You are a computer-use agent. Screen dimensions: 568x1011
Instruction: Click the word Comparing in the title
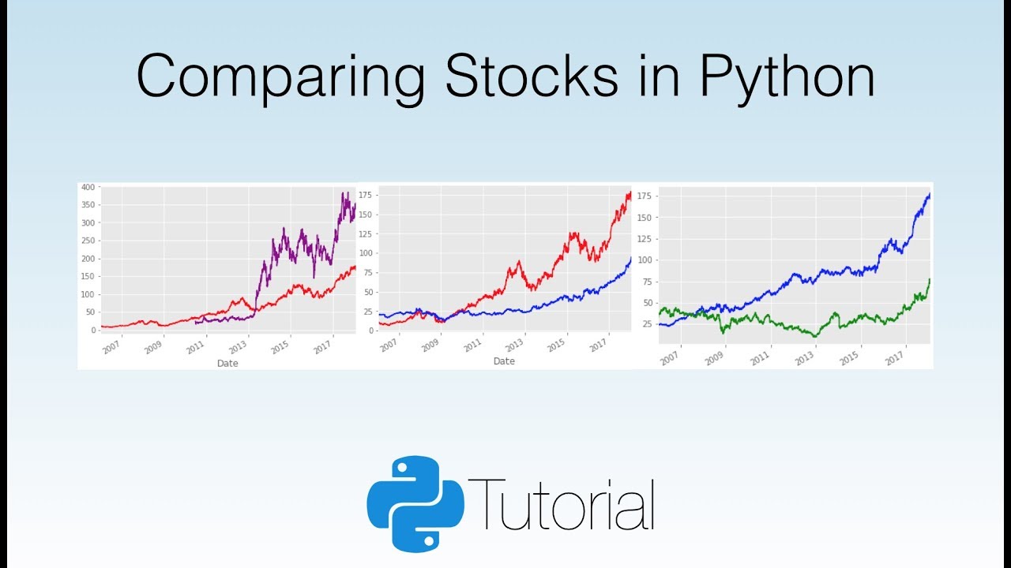(281, 77)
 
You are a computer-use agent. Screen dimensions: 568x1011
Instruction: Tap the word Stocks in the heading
(531, 77)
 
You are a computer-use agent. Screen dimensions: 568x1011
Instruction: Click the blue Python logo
(415, 503)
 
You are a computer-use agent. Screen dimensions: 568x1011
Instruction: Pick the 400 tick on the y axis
(88, 187)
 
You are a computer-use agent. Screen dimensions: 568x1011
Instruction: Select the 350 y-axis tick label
(88, 205)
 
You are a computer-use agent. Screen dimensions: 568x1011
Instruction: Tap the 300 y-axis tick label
(88, 223)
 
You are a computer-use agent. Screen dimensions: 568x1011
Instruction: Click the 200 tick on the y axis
(88, 259)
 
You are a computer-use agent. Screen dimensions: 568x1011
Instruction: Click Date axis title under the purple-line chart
(227, 364)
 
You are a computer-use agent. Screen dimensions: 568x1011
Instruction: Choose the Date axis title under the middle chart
(504, 361)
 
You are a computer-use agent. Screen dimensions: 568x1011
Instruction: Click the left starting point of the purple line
(195, 321)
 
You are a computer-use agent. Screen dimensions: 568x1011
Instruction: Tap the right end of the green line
(930, 279)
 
